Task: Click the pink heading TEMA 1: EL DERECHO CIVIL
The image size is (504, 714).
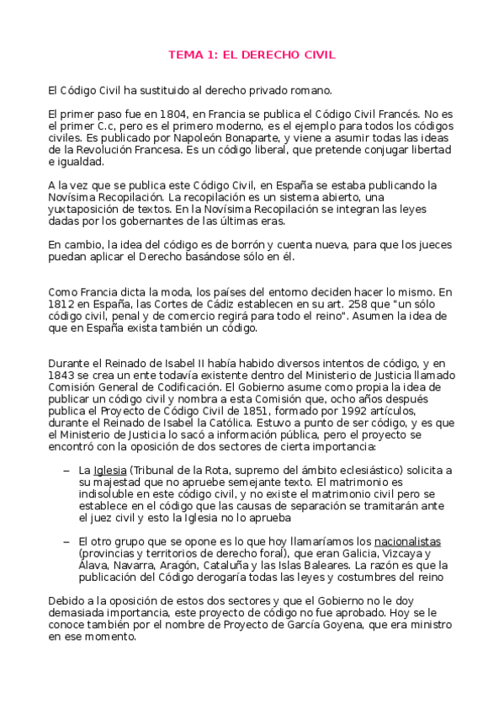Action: pyautogui.click(x=252, y=55)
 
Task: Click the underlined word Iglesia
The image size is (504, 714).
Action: pyautogui.click(x=109, y=469)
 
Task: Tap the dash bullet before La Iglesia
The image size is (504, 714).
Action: pyautogui.click(x=66, y=469)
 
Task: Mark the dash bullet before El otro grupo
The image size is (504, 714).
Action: pyautogui.click(x=66, y=541)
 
